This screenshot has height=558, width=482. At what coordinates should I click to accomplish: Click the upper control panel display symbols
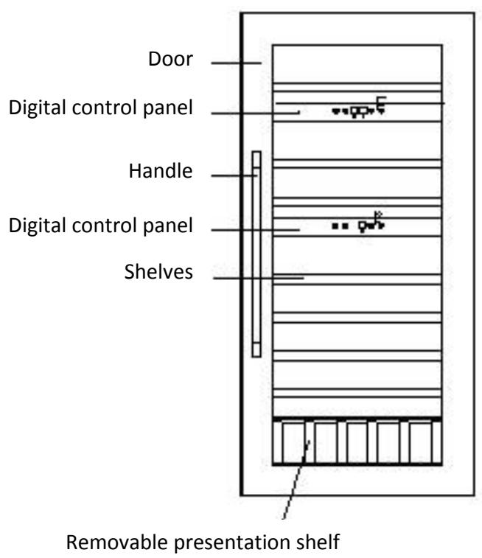click(x=360, y=109)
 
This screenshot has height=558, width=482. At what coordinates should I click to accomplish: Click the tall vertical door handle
click(x=256, y=254)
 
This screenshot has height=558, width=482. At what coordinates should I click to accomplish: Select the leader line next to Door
click(x=236, y=64)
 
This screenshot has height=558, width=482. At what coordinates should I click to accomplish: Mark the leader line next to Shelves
click(x=258, y=278)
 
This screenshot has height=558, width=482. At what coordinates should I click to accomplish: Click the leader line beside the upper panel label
click(x=254, y=112)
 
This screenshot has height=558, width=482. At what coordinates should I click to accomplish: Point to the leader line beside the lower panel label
click(x=255, y=230)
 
